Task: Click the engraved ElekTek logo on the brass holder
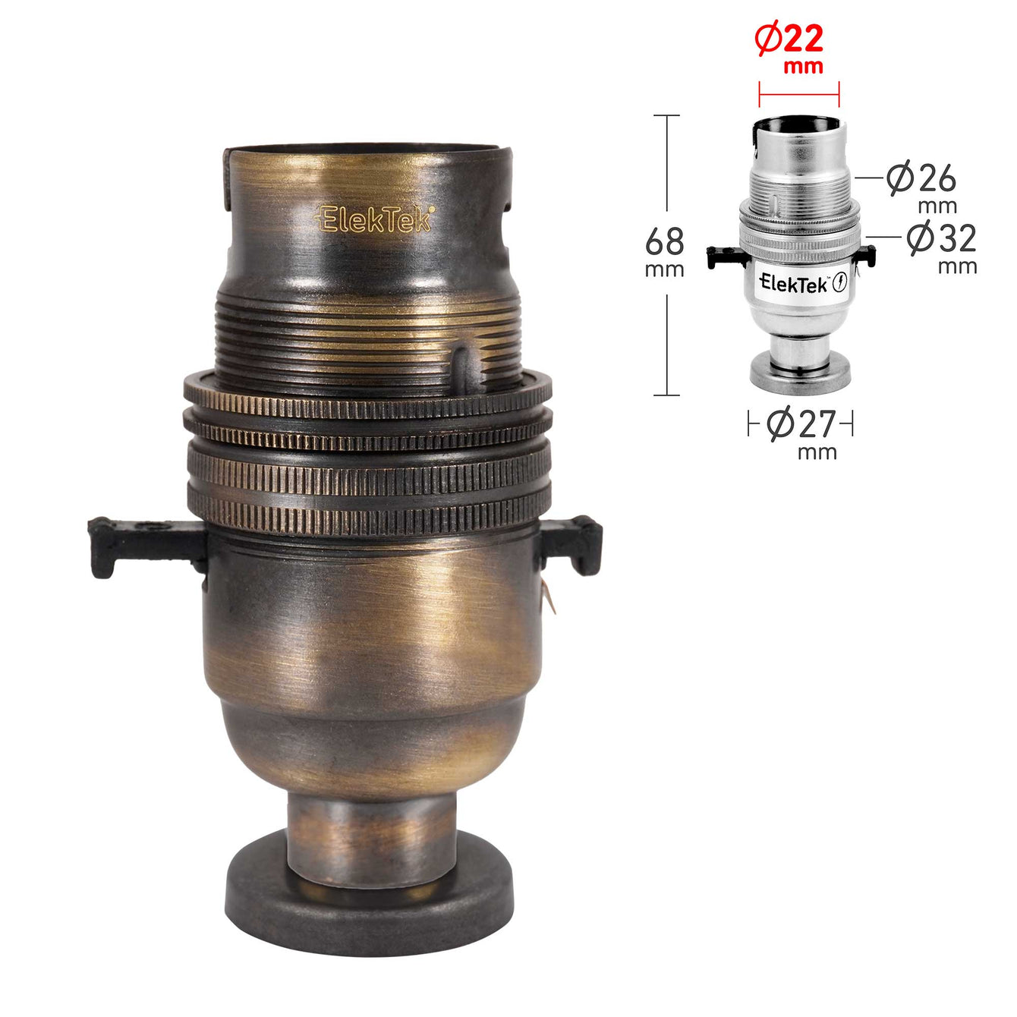pos(374,219)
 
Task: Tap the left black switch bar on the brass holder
pos(147,546)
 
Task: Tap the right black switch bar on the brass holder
pos(571,545)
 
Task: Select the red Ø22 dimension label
pos(789,39)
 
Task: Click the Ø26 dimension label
pos(921,179)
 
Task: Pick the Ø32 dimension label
pos(942,238)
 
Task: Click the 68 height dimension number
pos(664,241)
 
